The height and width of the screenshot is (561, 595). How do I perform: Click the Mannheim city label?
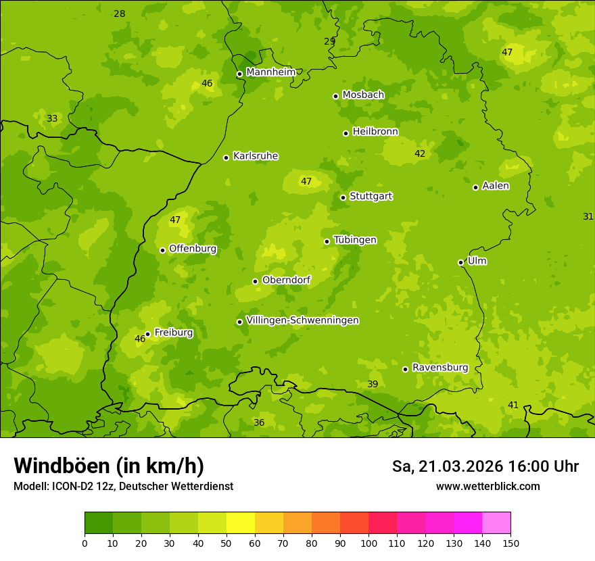pyautogui.click(x=270, y=72)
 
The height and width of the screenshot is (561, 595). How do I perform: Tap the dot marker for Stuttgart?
pyautogui.click(x=343, y=197)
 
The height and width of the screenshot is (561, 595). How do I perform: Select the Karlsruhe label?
pyautogui.click(x=255, y=156)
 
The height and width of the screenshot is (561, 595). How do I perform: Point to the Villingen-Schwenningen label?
pyautogui.click(x=302, y=320)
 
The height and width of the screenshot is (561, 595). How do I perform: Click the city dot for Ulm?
pyautogui.click(x=460, y=262)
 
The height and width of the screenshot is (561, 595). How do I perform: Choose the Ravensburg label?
pyautogui.click(x=440, y=368)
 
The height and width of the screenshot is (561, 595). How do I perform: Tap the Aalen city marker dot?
pyautogui.click(x=475, y=187)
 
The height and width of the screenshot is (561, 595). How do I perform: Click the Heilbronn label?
pyautogui.click(x=375, y=132)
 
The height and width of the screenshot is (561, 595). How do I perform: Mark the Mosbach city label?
pyautogui.click(x=363, y=95)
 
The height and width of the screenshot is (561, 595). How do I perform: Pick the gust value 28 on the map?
pyautogui.click(x=120, y=14)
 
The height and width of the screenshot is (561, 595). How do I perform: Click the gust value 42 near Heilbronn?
pyautogui.click(x=420, y=154)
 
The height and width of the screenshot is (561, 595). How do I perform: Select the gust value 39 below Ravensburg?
pyautogui.click(x=373, y=385)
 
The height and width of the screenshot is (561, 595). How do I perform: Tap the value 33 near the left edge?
pyautogui.click(x=52, y=119)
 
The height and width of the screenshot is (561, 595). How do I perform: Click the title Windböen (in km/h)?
pyautogui.click(x=109, y=466)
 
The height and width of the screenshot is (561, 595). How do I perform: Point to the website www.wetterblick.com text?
pyautogui.click(x=487, y=487)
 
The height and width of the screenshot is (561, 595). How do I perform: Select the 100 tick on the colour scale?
pyautogui.click(x=368, y=543)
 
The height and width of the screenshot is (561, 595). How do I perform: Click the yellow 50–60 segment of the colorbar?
pyautogui.click(x=241, y=523)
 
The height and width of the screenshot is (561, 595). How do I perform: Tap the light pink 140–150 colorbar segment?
pyautogui.click(x=496, y=523)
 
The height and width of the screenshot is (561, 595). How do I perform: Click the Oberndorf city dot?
pyautogui.click(x=255, y=281)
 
